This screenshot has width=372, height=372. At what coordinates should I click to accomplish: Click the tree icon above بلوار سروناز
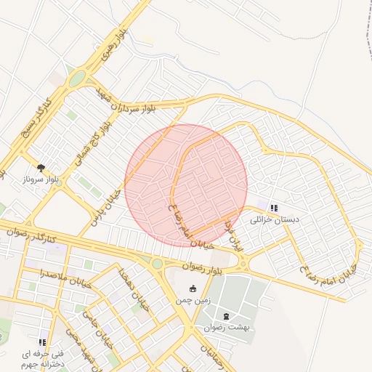(40, 168)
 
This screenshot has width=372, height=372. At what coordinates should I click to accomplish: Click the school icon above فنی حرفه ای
(42, 341)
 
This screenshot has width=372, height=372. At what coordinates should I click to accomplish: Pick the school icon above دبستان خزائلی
(273, 208)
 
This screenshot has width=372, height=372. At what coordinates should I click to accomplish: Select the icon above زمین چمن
(192, 288)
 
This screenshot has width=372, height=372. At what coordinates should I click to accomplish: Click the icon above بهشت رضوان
(226, 316)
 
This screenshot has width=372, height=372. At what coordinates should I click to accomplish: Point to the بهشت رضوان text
(226, 328)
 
